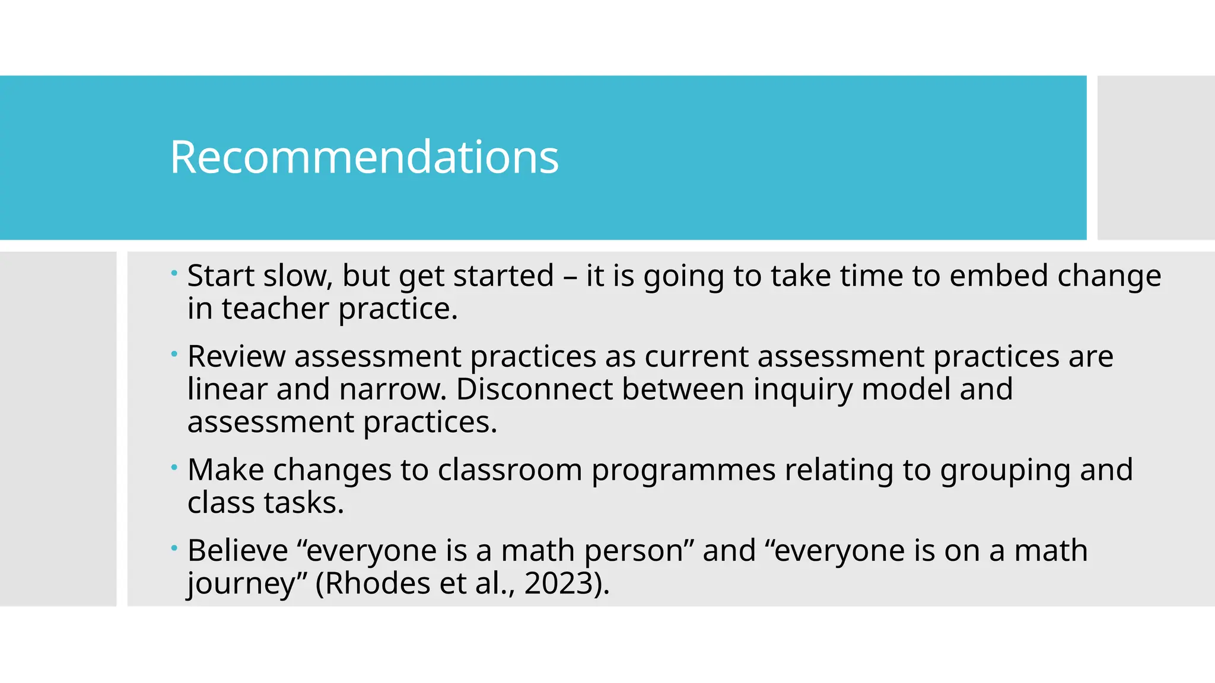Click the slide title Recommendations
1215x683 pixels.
364,157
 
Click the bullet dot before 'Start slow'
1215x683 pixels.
174,273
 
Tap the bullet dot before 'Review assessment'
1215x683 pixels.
174,354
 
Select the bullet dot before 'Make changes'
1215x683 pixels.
174,467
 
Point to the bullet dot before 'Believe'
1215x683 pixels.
174,548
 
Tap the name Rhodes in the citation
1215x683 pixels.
377,583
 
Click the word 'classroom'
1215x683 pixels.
510,470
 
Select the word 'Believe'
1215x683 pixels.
237,551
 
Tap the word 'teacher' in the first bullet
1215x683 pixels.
275,309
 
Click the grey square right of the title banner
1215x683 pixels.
1156,157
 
